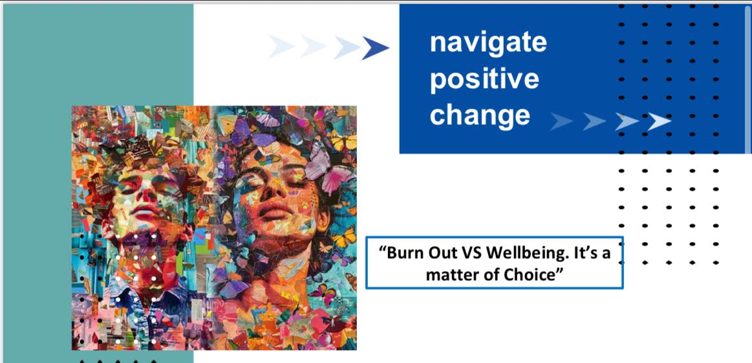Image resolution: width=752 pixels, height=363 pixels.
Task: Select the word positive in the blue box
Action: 484,80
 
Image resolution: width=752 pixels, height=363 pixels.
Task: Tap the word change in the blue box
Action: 480,116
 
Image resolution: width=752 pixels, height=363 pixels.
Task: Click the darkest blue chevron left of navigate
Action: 375,48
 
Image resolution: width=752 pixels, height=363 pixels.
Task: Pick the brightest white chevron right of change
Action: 659,122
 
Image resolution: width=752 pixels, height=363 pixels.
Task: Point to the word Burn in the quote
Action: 401,252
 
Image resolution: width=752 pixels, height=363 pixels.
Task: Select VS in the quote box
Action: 471,252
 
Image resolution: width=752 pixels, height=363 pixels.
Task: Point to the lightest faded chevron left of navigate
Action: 281,46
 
